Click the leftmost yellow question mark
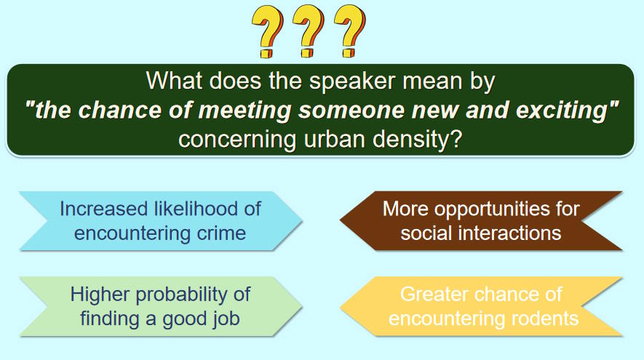267,32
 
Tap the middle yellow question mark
309,31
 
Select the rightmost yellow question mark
350,31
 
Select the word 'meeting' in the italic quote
245,111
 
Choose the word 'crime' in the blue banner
221,233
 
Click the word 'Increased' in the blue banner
104,209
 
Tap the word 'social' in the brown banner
426,233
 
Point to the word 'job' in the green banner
227,319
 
